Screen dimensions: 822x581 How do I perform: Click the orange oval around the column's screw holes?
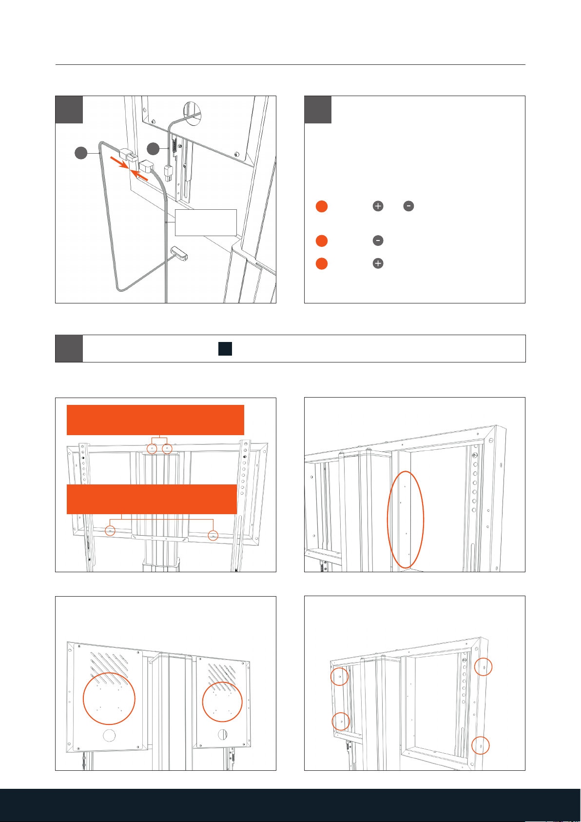(x=406, y=520)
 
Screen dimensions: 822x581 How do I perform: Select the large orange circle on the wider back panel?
(x=109, y=698)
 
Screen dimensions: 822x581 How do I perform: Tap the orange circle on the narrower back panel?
(x=222, y=702)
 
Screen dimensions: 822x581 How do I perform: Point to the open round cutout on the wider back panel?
(x=109, y=736)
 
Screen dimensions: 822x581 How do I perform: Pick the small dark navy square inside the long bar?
(x=225, y=349)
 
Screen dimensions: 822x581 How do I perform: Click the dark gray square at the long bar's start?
(x=69, y=348)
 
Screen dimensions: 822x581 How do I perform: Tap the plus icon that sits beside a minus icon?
(x=378, y=206)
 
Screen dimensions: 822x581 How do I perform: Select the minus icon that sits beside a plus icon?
(x=408, y=206)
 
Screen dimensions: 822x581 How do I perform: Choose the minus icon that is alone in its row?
(x=378, y=241)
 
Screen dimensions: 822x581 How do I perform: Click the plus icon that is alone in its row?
(x=378, y=263)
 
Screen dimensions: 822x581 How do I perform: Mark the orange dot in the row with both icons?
(x=322, y=206)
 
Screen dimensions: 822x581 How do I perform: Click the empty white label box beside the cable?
(x=206, y=222)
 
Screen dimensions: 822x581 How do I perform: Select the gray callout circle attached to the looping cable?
(x=81, y=153)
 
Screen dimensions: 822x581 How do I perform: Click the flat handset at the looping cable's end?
(x=179, y=253)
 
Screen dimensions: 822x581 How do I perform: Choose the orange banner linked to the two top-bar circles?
(x=155, y=420)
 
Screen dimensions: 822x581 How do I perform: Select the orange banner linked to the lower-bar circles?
(x=152, y=499)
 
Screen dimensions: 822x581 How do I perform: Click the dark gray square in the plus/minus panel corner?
(x=318, y=110)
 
